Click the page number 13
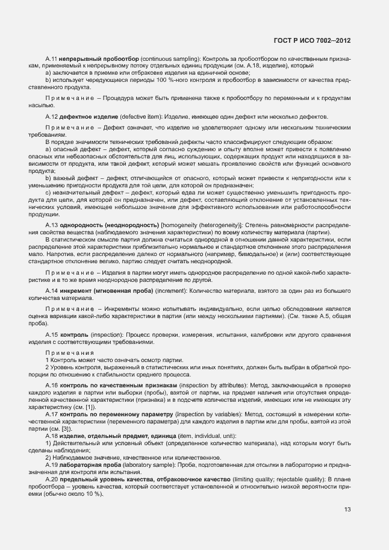(347, 510)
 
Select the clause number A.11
(51, 58)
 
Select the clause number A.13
(51, 224)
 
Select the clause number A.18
(51, 435)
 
